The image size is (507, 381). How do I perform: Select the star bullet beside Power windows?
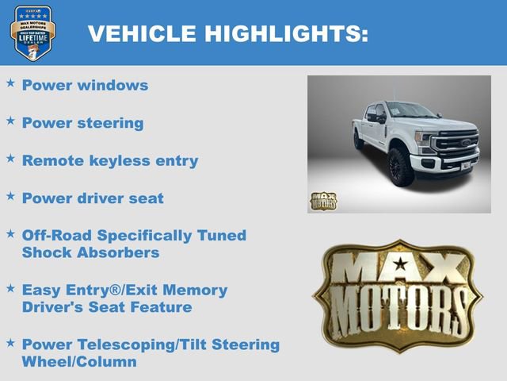10,83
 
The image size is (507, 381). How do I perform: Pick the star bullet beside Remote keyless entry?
10,158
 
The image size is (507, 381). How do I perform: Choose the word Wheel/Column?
79,362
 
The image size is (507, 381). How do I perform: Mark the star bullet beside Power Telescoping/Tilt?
10,342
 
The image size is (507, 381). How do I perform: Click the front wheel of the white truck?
401,167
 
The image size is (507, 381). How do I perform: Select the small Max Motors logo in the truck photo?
323,201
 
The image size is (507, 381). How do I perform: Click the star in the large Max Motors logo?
400,264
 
